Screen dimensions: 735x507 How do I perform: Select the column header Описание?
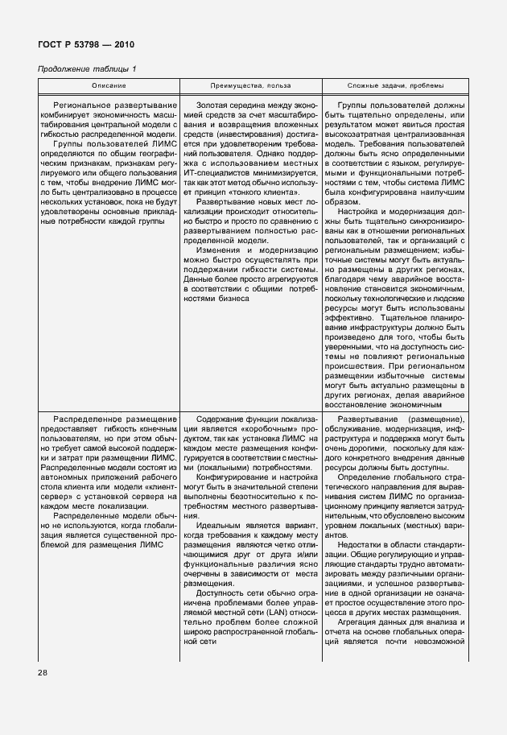pyautogui.click(x=109, y=85)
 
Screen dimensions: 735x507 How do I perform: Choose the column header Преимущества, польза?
pyautogui.click(x=250, y=85)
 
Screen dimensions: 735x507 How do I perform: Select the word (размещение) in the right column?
pyautogui.click(x=435, y=419)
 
